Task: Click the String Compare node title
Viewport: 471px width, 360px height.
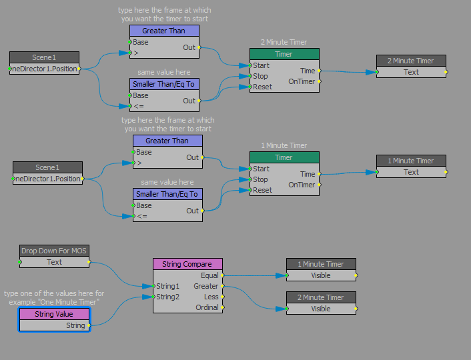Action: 187,264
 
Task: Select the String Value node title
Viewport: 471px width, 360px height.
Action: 54,314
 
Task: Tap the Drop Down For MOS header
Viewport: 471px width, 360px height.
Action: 54,251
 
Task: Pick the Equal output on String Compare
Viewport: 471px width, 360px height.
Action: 209,275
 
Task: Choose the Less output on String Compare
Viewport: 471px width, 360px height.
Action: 211,297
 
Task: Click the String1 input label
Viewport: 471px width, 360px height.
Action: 168,286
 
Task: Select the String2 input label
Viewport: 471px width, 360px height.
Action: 168,297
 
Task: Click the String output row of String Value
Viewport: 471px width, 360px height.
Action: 75,325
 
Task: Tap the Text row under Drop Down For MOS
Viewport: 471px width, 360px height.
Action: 54,262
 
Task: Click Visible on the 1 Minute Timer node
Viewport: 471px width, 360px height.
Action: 321,275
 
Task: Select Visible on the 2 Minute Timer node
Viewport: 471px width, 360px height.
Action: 321,309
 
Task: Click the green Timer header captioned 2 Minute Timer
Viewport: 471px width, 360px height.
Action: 284,54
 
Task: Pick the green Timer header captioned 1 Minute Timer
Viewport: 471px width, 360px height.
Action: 284,157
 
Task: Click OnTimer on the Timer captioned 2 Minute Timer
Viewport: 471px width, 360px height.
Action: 302,81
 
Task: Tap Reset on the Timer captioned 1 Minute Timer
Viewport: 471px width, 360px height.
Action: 262,190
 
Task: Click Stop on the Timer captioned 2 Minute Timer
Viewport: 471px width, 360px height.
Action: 261,76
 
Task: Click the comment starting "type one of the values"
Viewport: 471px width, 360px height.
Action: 54,297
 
